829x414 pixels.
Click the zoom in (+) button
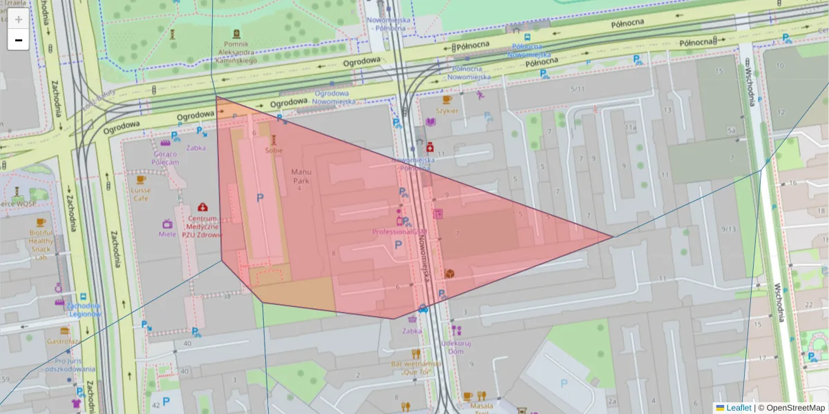19,19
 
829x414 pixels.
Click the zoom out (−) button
19,40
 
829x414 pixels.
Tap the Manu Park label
301,176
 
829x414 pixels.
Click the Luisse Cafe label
142,194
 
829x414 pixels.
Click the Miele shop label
167,234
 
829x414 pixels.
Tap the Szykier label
447,110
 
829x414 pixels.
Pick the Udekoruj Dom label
456,346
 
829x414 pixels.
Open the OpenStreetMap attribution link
794,408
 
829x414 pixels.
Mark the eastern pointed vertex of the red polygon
613,237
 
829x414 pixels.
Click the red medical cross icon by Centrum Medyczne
202,207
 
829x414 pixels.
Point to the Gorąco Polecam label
166,157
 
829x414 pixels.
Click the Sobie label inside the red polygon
274,149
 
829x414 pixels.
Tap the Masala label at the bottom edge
481,406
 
